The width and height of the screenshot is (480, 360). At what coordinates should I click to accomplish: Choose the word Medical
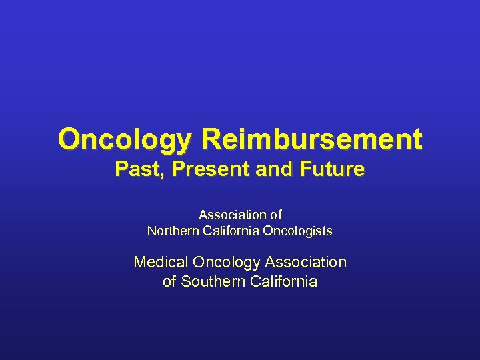coord(159,263)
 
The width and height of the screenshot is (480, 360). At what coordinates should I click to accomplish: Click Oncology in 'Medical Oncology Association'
coord(223,263)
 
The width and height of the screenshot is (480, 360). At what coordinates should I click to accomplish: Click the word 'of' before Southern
coord(169,281)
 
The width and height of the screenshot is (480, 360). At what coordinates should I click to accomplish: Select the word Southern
coord(213,281)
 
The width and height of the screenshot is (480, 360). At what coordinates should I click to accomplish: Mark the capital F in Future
coord(303,170)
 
